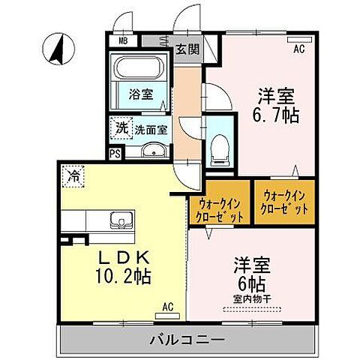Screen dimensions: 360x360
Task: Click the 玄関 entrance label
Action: pyautogui.click(x=187, y=51)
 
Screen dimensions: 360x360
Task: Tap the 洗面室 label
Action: pyautogui.click(x=150, y=129)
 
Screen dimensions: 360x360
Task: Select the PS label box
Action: pyautogui.click(x=115, y=154)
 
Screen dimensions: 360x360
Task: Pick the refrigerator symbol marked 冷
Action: pyautogui.click(x=73, y=177)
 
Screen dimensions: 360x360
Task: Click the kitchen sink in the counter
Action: pyautogui.click(x=120, y=220)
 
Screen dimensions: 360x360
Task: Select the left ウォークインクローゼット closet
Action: pyautogui.click(x=220, y=205)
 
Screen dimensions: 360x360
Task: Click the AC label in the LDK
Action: pyautogui.click(x=168, y=307)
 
